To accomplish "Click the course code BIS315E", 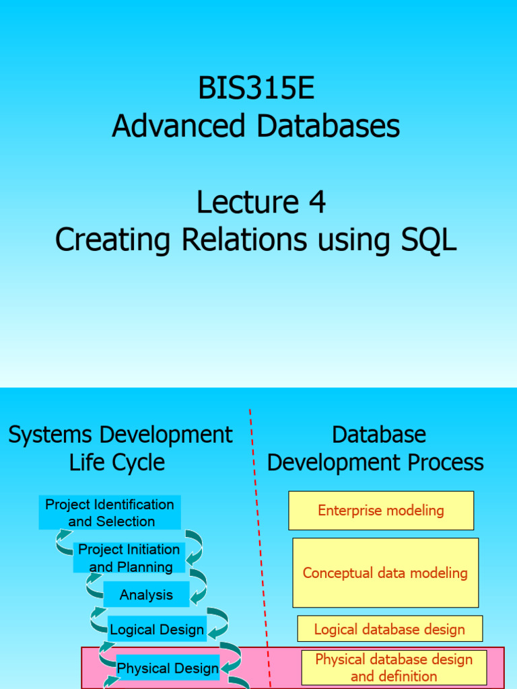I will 256,88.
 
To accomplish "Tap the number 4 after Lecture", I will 316,202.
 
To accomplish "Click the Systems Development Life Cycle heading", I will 120,448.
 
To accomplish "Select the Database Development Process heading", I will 376,448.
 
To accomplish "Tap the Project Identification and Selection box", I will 110,513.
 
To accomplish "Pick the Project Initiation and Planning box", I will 129,558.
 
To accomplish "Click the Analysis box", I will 146,595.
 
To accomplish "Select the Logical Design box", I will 157,630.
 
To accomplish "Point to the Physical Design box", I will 168,668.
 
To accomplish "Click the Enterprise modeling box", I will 381,510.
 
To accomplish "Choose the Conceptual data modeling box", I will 385,573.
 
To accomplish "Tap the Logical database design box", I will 390,629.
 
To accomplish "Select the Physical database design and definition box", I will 394,667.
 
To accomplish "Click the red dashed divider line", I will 258,511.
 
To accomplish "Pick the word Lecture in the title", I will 247,202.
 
